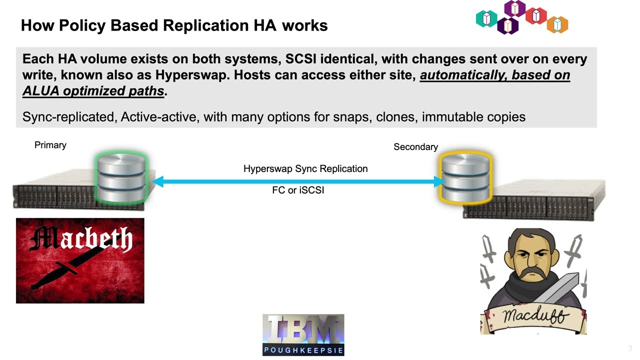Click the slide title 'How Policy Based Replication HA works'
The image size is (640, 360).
point(174,25)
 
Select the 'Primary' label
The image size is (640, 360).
point(50,145)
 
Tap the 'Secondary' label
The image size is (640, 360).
point(415,147)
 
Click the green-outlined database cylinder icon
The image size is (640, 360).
point(121,179)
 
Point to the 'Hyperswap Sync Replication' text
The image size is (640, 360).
point(305,169)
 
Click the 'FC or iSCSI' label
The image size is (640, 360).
point(298,190)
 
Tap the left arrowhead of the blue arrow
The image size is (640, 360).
point(158,181)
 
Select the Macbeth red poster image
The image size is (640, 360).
point(80,260)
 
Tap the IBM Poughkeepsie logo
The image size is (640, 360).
point(303,334)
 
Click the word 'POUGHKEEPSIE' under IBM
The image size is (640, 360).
point(303,350)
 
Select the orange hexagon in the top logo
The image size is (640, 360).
point(557,24)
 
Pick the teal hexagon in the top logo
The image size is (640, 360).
point(486,18)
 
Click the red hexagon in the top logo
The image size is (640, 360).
point(536,16)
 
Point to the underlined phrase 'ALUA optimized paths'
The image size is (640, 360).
point(93,91)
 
